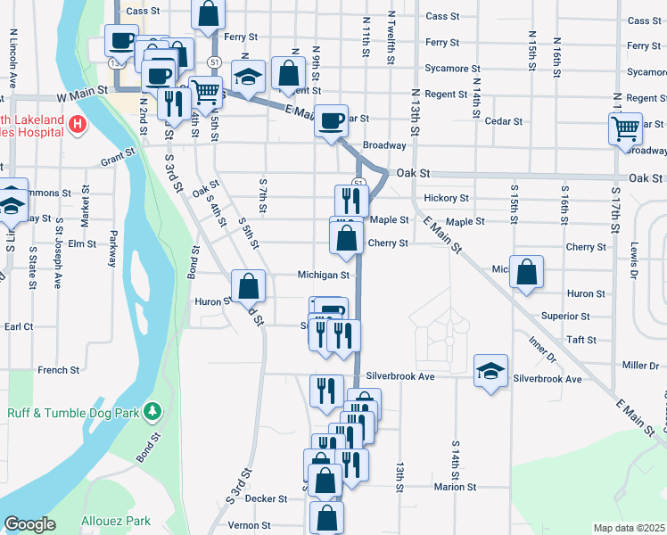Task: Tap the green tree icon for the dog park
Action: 153,411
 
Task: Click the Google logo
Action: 29,524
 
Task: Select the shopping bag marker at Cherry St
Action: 346,238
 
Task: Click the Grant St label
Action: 117,158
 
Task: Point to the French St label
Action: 59,369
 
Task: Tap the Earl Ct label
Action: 18,327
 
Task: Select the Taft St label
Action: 581,340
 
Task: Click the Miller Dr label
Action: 640,366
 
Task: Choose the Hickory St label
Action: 447,198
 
